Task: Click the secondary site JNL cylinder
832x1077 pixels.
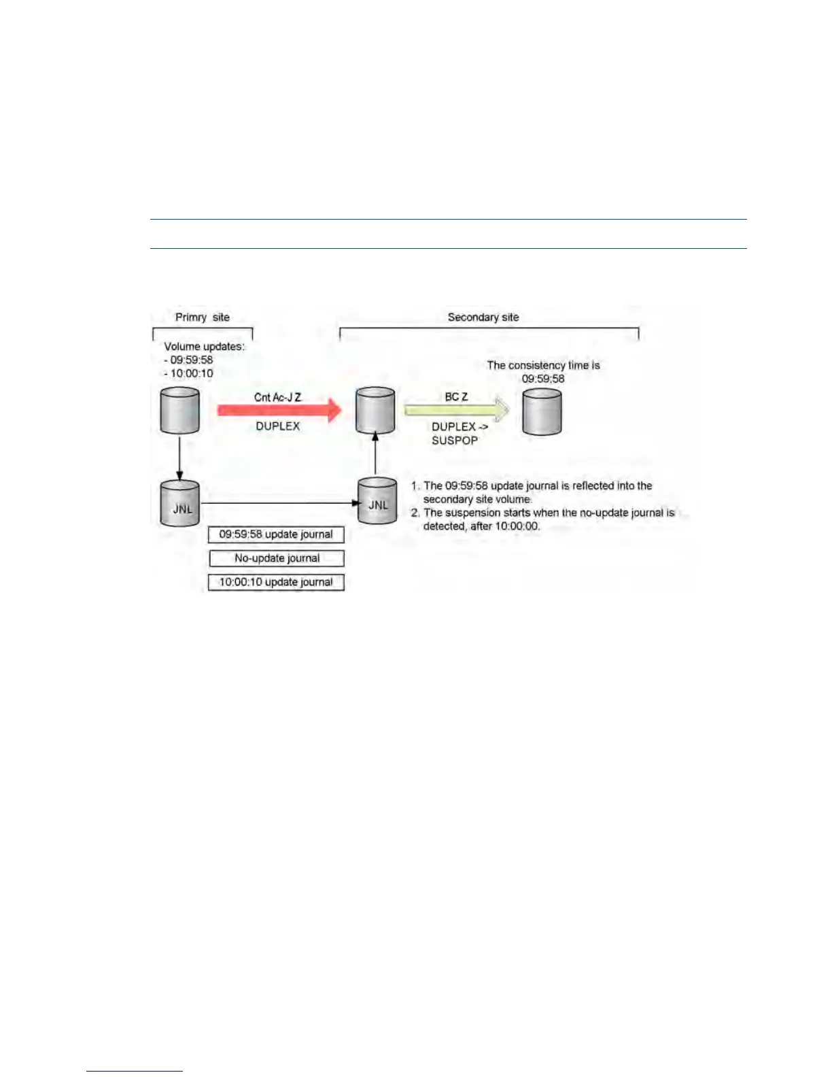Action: click(x=377, y=501)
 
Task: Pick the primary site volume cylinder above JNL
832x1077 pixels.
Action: click(x=179, y=411)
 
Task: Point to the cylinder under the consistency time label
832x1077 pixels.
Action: click(x=542, y=412)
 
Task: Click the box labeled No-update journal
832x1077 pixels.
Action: click(x=276, y=558)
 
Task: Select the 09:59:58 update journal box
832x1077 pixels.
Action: click(x=276, y=534)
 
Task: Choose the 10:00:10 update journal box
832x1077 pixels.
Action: click(x=276, y=582)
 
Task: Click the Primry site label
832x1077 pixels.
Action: click(x=202, y=318)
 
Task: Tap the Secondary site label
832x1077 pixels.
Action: click(x=483, y=318)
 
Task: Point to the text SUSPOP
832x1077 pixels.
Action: click(x=454, y=441)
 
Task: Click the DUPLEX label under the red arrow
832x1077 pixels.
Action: click(x=277, y=426)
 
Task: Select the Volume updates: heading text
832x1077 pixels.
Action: click(x=204, y=347)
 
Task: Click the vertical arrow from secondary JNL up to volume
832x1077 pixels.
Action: click(x=375, y=454)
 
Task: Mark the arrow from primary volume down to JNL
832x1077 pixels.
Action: click(x=179, y=458)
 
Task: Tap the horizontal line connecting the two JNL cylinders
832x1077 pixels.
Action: click(x=279, y=504)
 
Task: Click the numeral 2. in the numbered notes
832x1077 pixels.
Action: click(x=415, y=513)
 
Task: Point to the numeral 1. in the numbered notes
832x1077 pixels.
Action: click(x=415, y=486)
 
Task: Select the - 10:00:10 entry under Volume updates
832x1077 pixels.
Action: click(x=189, y=374)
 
